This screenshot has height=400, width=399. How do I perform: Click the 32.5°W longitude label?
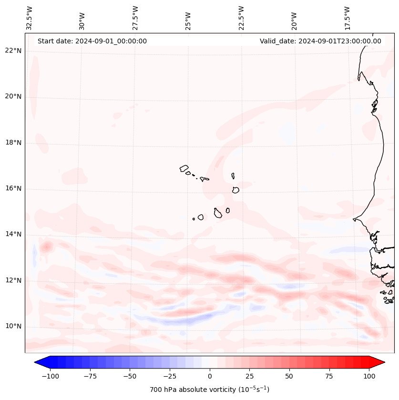point(30,18)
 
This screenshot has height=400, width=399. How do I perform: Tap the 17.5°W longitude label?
point(347,18)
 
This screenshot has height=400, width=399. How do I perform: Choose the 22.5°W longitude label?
point(241,18)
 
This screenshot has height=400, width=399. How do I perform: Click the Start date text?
point(92,41)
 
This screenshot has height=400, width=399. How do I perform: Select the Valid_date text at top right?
point(320,41)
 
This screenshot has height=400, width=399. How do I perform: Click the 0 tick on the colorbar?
point(210,376)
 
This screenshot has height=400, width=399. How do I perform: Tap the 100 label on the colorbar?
point(369,376)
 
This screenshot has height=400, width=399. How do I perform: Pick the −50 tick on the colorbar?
point(130,376)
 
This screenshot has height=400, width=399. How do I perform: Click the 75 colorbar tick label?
point(329,376)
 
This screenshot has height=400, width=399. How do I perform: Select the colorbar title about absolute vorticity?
point(210,390)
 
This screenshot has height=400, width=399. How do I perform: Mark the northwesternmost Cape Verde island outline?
point(184,168)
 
